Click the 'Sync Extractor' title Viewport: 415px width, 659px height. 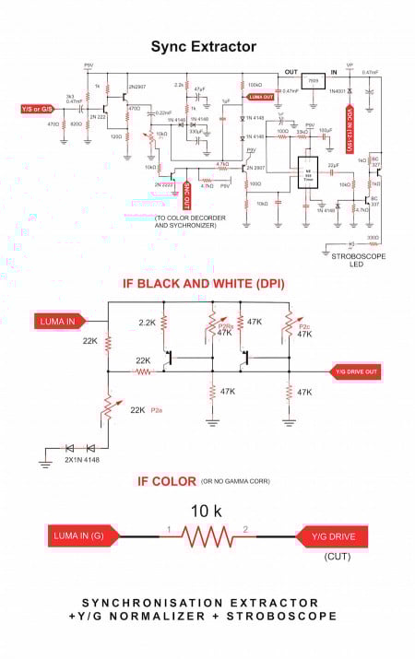203,46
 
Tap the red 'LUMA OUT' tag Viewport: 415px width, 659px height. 262,97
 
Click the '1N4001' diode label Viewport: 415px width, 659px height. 338,90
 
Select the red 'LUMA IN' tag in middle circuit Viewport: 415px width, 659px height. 62,321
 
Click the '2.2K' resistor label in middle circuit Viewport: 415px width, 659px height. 147,323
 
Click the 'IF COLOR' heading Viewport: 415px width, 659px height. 166,481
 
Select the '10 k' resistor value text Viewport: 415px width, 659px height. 207,510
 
